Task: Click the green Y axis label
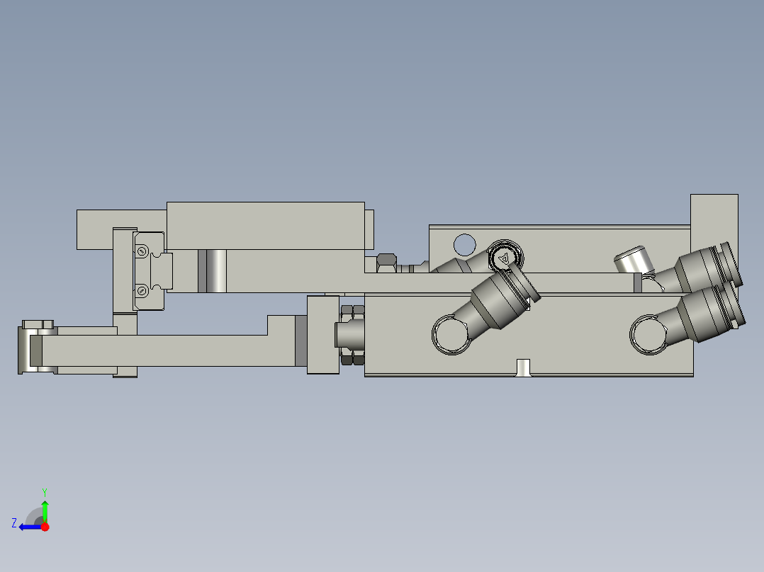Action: tap(44, 491)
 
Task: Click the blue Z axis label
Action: tap(14, 523)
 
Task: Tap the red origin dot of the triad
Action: tap(45, 527)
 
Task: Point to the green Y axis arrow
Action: tap(45, 510)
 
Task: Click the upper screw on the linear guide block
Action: tap(142, 251)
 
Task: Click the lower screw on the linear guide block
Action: tap(142, 290)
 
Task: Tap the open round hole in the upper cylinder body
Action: tap(464, 244)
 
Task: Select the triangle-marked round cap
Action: tap(504, 258)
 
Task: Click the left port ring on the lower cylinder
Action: tap(451, 335)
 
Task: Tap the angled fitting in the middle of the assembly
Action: tap(499, 301)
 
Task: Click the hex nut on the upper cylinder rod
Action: tap(386, 262)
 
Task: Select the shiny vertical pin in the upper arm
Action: tap(213, 271)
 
